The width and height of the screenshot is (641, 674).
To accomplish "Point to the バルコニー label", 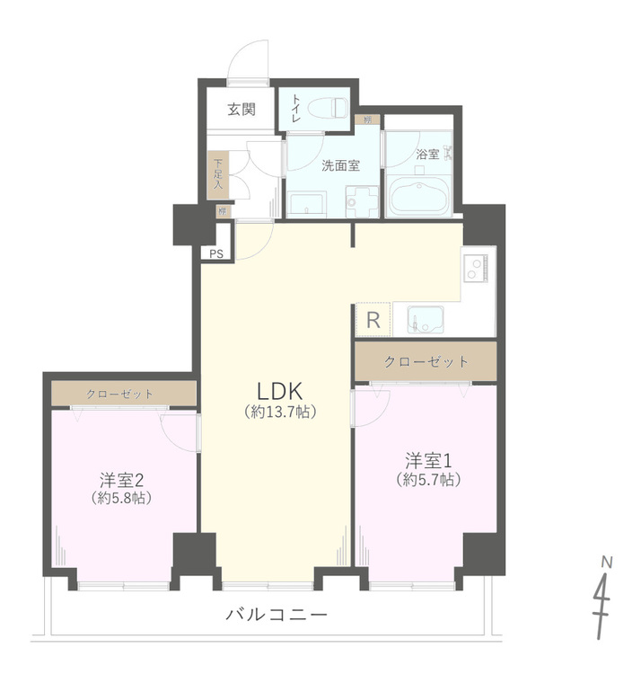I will point(276,616).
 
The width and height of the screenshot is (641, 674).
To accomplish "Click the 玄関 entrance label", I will point(241,110).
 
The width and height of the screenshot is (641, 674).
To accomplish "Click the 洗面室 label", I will point(341,165).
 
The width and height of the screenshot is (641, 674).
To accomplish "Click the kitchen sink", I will point(425,319).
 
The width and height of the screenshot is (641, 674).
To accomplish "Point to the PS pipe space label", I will point(216,253).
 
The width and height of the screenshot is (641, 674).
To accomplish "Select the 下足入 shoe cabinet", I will point(218,174).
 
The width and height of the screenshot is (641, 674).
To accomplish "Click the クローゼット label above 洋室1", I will point(426,361).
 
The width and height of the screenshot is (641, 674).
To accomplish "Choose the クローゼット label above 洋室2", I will point(120,395).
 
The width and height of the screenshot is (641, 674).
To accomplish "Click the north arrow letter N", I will point(607,563).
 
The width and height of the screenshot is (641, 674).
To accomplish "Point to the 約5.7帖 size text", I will point(429,480).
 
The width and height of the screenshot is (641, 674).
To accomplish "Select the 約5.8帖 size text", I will point(121,497).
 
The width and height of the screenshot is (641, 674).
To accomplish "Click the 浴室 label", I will point(428,154).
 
